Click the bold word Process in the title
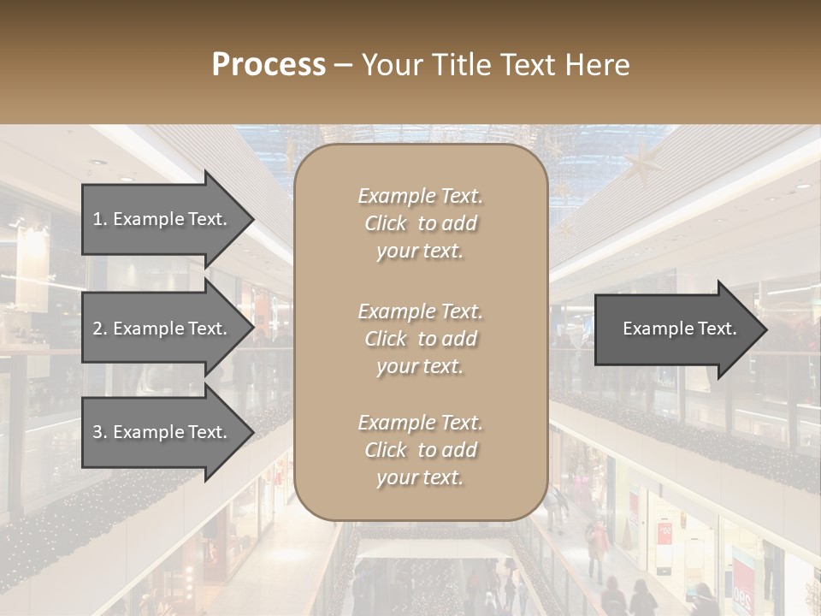(x=269, y=65)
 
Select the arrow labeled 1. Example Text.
(x=162, y=219)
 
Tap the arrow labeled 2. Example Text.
(x=162, y=329)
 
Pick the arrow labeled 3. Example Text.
(x=162, y=432)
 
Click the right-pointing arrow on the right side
(x=676, y=329)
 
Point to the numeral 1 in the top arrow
(x=97, y=219)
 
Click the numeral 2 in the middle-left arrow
(x=98, y=329)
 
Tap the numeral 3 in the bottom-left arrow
(x=98, y=432)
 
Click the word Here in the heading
(x=599, y=65)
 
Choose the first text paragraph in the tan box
(x=420, y=223)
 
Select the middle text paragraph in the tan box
(x=420, y=339)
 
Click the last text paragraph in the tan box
(x=420, y=450)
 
